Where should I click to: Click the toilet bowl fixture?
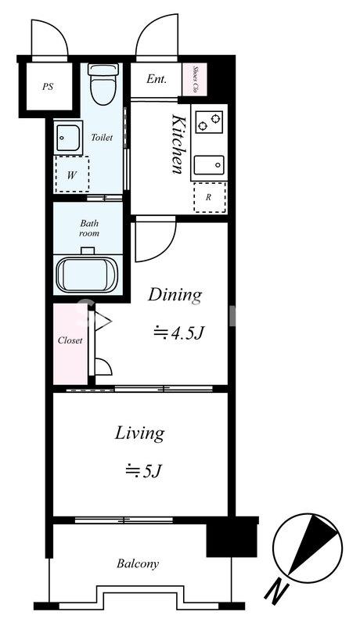pos(103,84)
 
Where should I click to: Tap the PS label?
pos(48,86)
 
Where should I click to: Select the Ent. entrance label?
pos(157,79)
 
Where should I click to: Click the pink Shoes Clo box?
pos(195,80)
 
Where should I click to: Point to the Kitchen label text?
pos(178,144)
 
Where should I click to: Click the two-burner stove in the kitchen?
pos(209,122)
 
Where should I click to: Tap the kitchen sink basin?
pos(209,165)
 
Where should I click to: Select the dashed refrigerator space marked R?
pos(210,197)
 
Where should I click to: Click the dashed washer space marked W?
pos(71,174)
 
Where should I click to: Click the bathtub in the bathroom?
pos(87,275)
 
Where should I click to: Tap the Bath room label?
pos(89,228)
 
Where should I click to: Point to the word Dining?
pos(175,297)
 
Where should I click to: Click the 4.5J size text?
pos(179,332)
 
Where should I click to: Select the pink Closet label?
pos(70,340)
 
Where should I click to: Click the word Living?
pos(139,434)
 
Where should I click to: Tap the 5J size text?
pos(143,471)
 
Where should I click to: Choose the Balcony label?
pos(138,563)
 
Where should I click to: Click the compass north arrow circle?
pos(308,548)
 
